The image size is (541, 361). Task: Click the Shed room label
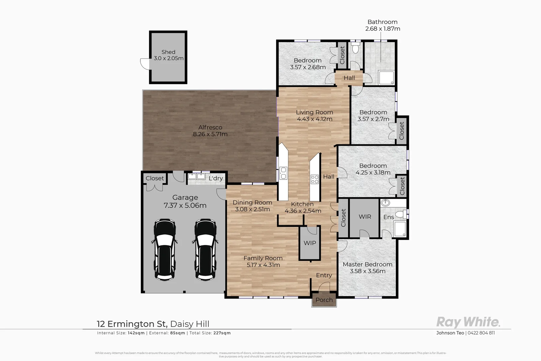tap(168, 52)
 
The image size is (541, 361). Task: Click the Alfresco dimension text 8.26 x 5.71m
tap(210, 134)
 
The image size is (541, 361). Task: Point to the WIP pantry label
tap(310, 243)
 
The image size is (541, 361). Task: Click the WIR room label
tap(365, 217)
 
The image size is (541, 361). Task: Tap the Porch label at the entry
tap(324, 300)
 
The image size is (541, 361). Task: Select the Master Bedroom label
tap(367, 264)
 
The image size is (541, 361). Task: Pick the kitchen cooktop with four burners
tap(315, 179)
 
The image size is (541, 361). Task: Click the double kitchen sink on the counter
tap(283, 173)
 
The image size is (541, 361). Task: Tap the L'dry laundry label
tap(216, 178)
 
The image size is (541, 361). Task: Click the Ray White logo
tap(468, 322)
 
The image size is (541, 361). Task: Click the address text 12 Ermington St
tap(132, 324)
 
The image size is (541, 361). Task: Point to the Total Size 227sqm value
tap(222, 333)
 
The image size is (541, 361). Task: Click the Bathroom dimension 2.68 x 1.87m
tap(383, 29)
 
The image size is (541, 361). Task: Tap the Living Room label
tap(314, 112)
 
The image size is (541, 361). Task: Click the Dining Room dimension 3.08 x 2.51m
tap(252, 209)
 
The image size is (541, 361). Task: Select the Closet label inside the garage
tap(155, 178)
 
